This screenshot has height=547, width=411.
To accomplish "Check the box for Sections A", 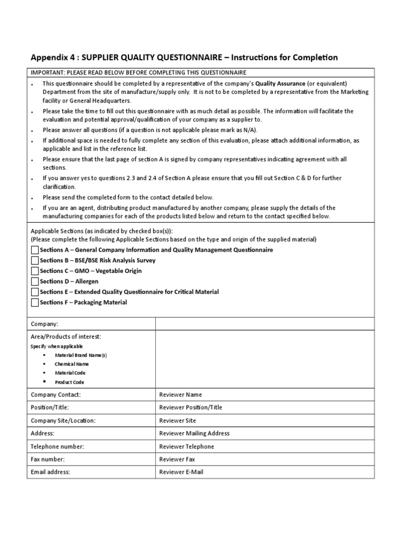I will click(35, 250).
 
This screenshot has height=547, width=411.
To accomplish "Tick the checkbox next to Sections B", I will click(35, 261).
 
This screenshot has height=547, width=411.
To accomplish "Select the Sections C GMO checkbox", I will click(35, 271).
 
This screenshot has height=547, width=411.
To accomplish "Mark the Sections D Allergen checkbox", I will click(35, 282).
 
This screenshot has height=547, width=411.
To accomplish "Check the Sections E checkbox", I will click(35, 292).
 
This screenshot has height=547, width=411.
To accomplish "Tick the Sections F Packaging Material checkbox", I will click(35, 302).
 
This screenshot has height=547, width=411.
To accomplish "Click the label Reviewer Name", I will click(181, 395).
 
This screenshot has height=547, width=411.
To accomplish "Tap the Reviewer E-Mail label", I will click(181, 472).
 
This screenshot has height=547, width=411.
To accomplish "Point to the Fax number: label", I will click(48, 459).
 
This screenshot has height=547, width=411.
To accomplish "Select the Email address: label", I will click(50, 472).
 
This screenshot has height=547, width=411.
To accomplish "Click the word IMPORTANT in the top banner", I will click(47, 73).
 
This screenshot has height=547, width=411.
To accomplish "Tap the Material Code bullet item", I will click(70, 373).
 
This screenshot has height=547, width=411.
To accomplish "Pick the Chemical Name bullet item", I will click(72, 364).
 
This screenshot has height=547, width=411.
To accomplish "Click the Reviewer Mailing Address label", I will click(194, 433).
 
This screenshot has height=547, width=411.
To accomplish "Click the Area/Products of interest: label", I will click(66, 337).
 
